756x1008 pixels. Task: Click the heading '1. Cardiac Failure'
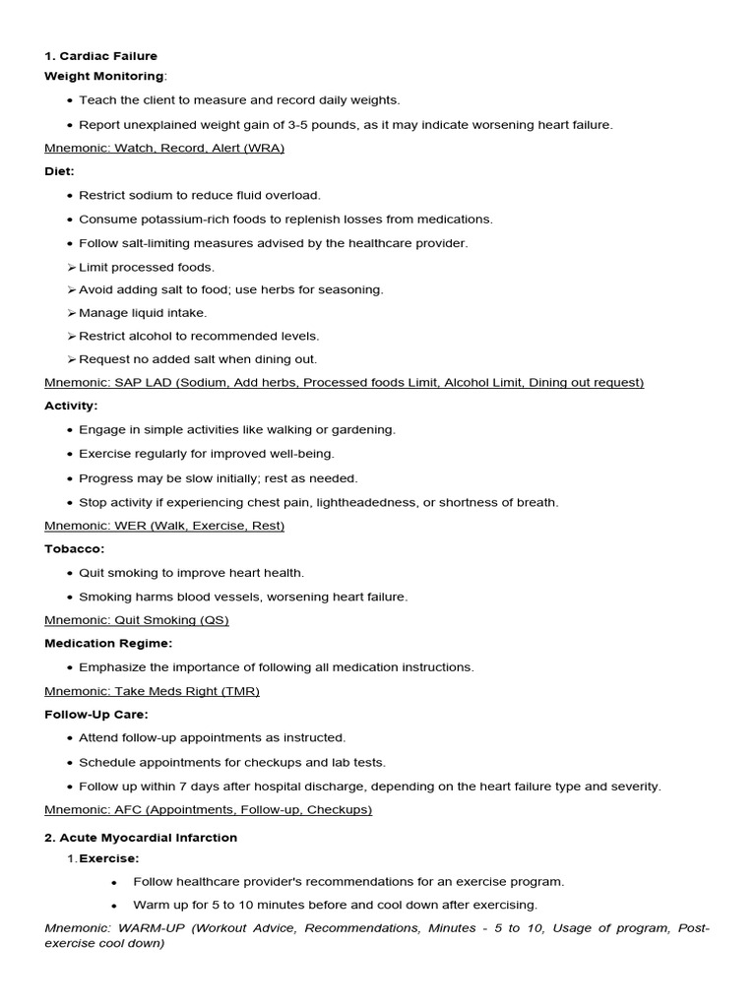(100, 56)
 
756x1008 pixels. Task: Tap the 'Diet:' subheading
(60, 171)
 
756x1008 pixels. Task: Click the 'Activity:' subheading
(71, 406)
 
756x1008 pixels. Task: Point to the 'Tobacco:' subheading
(75, 548)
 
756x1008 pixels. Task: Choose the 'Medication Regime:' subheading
(108, 643)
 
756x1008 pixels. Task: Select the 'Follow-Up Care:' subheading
(96, 714)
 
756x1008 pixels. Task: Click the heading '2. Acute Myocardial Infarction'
(141, 838)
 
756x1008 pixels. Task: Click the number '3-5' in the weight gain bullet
(300, 125)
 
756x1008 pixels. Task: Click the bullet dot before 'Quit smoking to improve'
(69, 573)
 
